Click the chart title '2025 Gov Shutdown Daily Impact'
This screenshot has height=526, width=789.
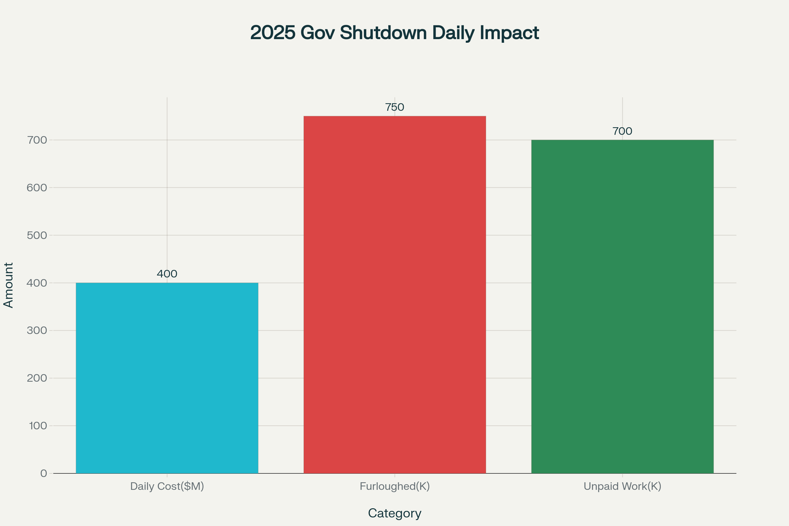coord(394,33)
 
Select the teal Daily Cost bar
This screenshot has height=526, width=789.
coord(167,378)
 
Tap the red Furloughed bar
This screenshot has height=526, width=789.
coord(394,295)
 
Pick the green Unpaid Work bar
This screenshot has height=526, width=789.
coord(622,307)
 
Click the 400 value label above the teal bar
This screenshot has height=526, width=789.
coord(167,274)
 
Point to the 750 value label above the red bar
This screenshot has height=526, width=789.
coord(394,108)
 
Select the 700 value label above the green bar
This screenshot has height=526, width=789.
coord(622,131)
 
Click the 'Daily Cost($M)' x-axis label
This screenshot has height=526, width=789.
coord(167,486)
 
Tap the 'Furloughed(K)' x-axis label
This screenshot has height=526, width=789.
coord(394,486)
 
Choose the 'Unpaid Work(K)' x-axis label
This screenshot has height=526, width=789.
coord(622,486)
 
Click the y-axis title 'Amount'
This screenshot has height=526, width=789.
coord(9,285)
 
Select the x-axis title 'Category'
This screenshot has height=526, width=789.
coord(394,513)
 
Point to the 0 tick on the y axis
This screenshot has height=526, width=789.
coord(44,473)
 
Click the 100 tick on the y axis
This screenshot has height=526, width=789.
coord(38,426)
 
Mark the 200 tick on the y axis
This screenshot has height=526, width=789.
coord(37,378)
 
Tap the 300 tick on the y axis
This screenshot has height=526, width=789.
coord(37,330)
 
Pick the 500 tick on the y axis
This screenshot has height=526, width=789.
coord(37,235)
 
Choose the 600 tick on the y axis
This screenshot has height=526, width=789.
coord(37,187)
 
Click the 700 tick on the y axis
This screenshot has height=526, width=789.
coord(37,140)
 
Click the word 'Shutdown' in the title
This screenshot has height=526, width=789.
coord(383,33)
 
